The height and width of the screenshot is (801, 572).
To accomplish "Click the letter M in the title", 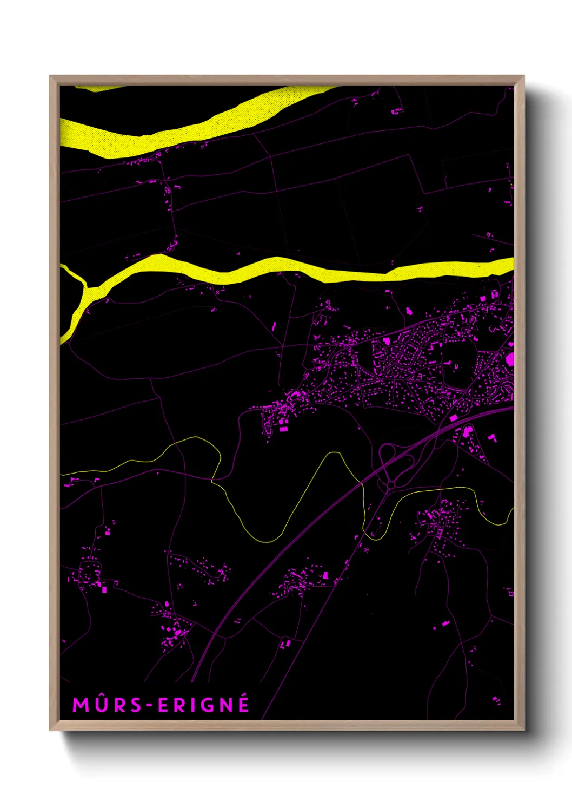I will tap(81, 705).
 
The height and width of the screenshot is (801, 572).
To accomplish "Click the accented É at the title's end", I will tap(243, 704).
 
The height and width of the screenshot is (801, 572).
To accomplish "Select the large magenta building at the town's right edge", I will tap(510, 359).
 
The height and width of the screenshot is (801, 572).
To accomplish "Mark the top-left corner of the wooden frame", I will tap(50, 76).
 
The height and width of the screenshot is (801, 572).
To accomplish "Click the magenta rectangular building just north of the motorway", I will tap(454, 418).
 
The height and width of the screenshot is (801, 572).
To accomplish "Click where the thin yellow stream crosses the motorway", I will tap(361, 482).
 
